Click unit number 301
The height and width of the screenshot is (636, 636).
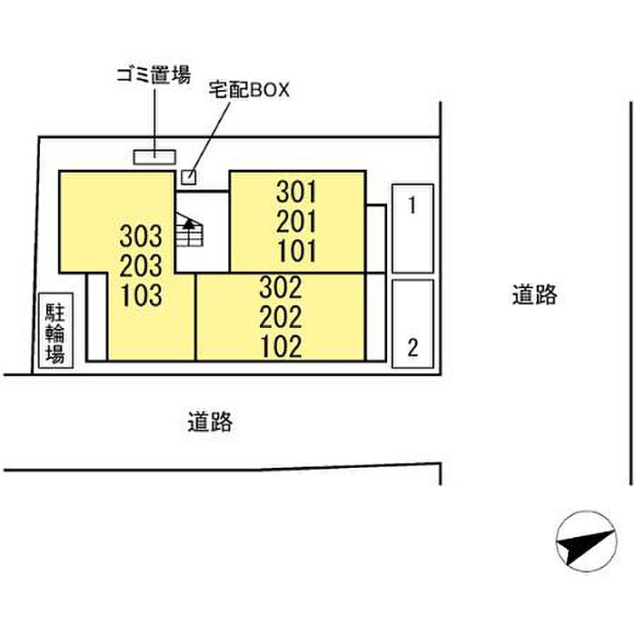296,192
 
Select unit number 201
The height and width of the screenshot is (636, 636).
296,222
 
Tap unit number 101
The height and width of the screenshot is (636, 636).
296,251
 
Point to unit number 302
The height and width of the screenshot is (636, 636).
281,288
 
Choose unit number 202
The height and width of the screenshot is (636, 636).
281,317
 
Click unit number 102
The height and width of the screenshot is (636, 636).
281,347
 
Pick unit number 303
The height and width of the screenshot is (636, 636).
141,236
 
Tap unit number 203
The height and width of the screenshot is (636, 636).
141,265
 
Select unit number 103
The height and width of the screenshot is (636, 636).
141,295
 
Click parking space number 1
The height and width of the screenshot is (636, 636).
412,205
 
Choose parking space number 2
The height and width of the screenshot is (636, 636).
412,348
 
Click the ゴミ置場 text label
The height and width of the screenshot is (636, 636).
154,75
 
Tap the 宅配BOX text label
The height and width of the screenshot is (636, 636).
249,90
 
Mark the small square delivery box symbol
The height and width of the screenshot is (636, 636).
189,177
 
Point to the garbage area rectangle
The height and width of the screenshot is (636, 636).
154,157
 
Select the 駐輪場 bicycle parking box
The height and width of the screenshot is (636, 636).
55,331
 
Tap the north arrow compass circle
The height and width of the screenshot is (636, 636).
587,542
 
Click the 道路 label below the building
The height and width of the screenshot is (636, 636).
210,422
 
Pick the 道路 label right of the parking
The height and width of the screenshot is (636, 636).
534,295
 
